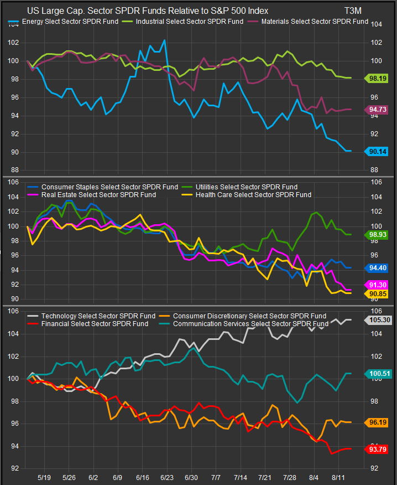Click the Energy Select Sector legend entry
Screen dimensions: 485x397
point(66,22)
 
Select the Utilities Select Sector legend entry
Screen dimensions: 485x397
point(246,187)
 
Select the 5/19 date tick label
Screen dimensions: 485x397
point(44,477)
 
